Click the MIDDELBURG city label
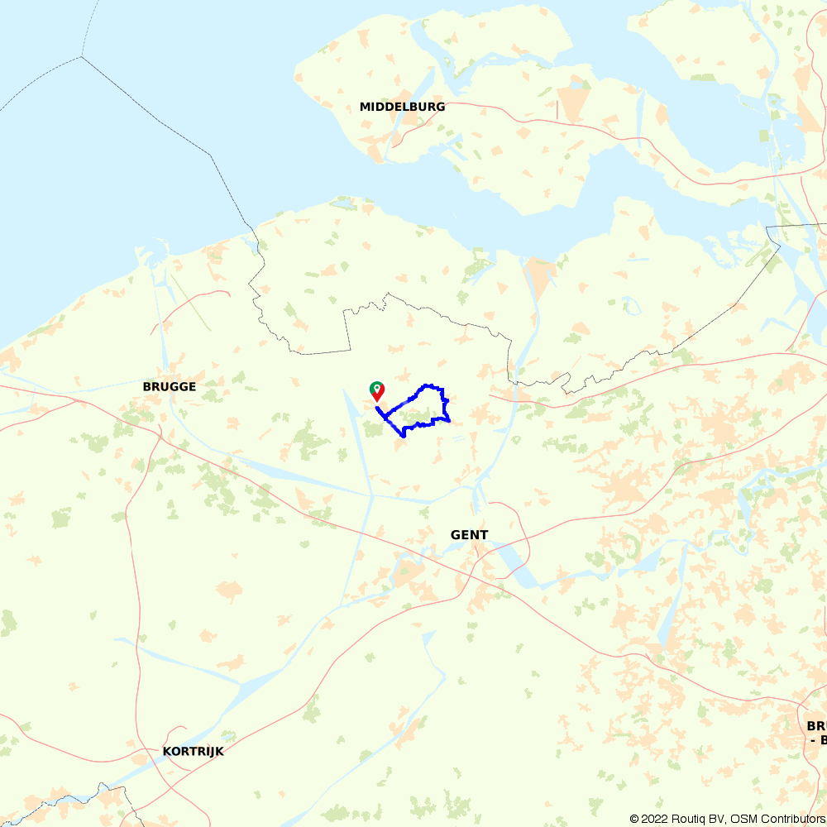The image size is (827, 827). (x=402, y=107)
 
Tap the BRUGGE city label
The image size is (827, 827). (x=170, y=386)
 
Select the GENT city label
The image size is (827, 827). (x=469, y=535)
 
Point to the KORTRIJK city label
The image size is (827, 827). (x=194, y=752)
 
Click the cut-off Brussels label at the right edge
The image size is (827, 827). (x=816, y=733)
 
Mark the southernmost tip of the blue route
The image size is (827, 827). (x=403, y=436)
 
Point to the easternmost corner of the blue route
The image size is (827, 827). (x=449, y=420)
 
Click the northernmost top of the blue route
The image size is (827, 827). (x=428, y=385)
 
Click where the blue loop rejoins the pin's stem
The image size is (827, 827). (x=378, y=407)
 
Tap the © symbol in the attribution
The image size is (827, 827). (x=634, y=819)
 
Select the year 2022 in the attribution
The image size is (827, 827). (x=654, y=819)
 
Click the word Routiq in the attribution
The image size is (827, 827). (x=689, y=819)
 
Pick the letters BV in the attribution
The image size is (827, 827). (x=718, y=819)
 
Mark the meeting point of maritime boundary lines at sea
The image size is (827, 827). (x=82, y=57)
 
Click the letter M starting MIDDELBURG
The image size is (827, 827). (x=365, y=107)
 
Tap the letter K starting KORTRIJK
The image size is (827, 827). (x=168, y=752)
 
